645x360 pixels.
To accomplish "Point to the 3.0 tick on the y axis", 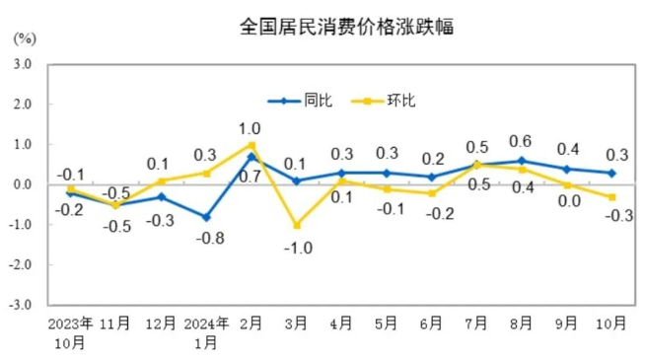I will [x=23, y=64].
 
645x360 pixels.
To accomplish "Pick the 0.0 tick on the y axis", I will [x=23, y=185].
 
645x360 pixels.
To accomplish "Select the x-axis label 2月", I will [x=251, y=324].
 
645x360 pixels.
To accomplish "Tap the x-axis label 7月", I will [x=477, y=324].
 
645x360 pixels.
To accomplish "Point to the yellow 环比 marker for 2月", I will [x=251, y=145].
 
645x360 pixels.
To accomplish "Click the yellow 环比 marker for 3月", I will [x=296, y=226].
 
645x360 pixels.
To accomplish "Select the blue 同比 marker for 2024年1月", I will [x=206, y=217].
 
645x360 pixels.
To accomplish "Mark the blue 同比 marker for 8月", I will [x=522, y=161].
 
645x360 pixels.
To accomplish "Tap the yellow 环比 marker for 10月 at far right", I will [x=612, y=197].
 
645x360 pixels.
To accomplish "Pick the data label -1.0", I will [x=298, y=248].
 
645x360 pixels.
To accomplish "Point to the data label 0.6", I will [x=521, y=140].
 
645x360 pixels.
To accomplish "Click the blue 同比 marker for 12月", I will [x=162, y=197].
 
